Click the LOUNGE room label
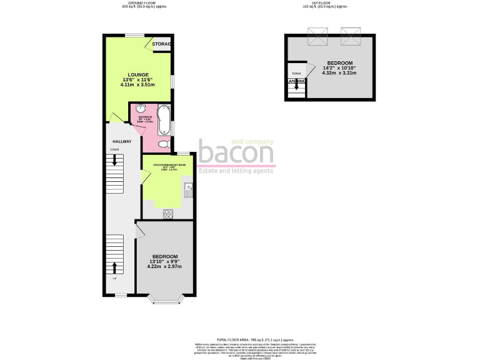click(x=135, y=74)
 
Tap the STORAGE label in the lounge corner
click(x=162, y=44)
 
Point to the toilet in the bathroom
click(x=164, y=145)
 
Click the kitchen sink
click(x=188, y=190)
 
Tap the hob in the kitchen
click(x=167, y=214)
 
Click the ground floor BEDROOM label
click(x=164, y=257)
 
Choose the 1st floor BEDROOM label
click(x=339, y=63)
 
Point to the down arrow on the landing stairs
click(x=296, y=89)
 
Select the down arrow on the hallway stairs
click(x=115, y=161)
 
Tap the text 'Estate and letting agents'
click(x=235, y=171)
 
